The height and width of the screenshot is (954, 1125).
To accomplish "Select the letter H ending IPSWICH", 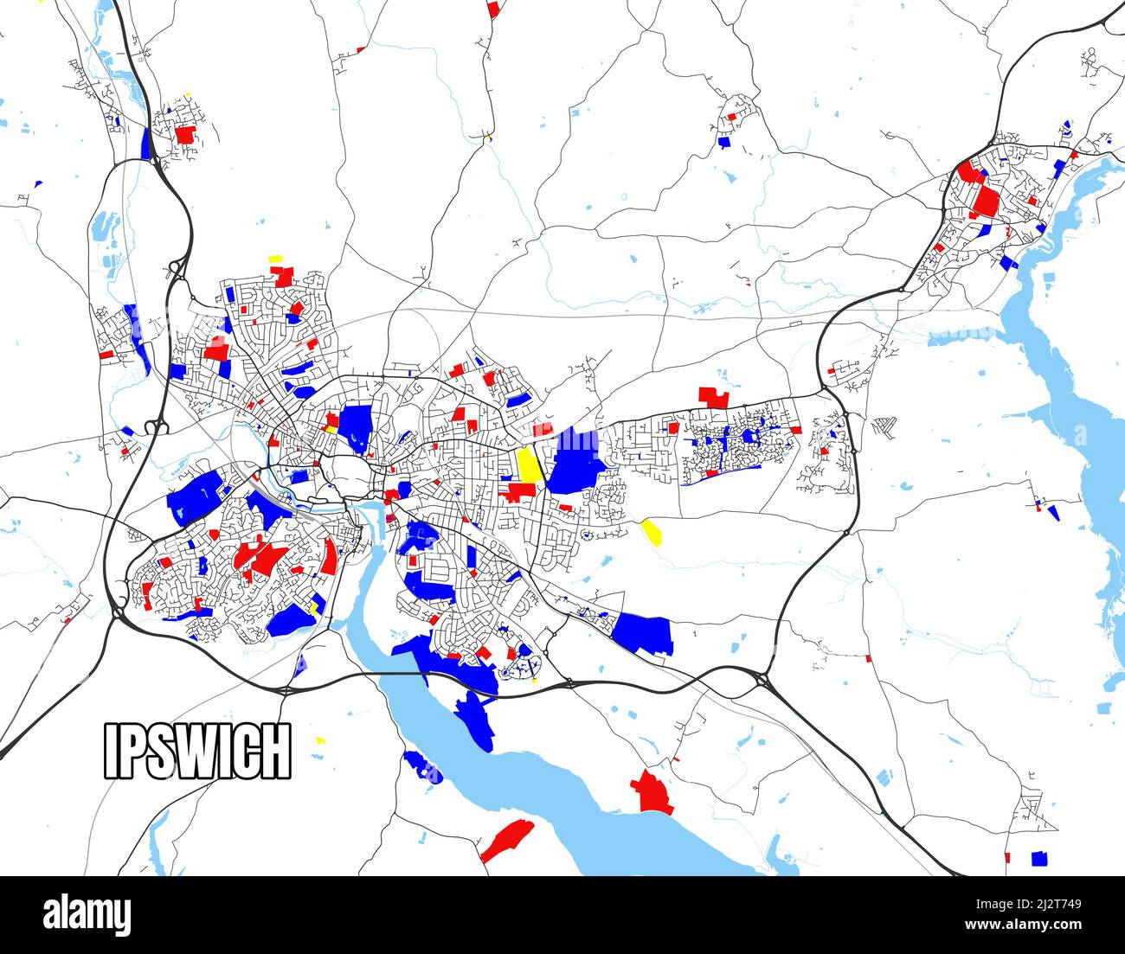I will pyautogui.click(x=273, y=751).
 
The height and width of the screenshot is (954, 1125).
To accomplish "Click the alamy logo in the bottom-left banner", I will pyautogui.click(x=87, y=914).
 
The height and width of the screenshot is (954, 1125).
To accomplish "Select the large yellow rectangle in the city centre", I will pyautogui.click(x=528, y=465).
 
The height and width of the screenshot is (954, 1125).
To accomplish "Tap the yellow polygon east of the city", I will pyautogui.click(x=652, y=531).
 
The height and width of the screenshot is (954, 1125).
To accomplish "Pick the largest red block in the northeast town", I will pyautogui.click(x=985, y=202).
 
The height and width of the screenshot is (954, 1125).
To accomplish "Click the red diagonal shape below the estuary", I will pyautogui.click(x=507, y=840).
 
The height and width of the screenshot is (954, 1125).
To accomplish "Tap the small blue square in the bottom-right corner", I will pyautogui.click(x=1039, y=859).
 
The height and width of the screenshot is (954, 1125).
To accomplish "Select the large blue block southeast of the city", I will pyautogui.click(x=644, y=633).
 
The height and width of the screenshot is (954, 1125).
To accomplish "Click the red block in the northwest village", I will pyautogui.click(x=184, y=135).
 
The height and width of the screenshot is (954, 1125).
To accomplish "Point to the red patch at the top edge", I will pyautogui.click(x=494, y=9).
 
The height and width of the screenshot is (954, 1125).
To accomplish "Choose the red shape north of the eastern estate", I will pyautogui.click(x=714, y=397).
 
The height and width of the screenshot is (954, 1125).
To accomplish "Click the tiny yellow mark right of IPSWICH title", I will pyautogui.click(x=321, y=740).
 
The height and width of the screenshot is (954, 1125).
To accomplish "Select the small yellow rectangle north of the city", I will pyautogui.click(x=276, y=259).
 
